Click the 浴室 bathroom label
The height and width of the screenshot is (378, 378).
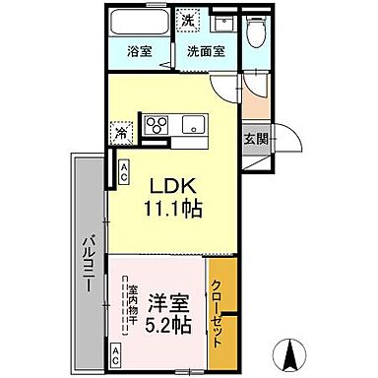[139, 51]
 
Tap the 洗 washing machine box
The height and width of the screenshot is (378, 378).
[187, 19]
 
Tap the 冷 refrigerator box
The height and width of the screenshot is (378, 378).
[119, 129]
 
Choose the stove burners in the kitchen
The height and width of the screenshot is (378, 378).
[158, 124]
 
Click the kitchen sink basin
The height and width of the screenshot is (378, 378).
[191, 124]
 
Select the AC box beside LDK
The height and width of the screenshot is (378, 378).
[125, 172]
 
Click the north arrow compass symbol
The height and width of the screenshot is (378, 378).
[290, 350]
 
